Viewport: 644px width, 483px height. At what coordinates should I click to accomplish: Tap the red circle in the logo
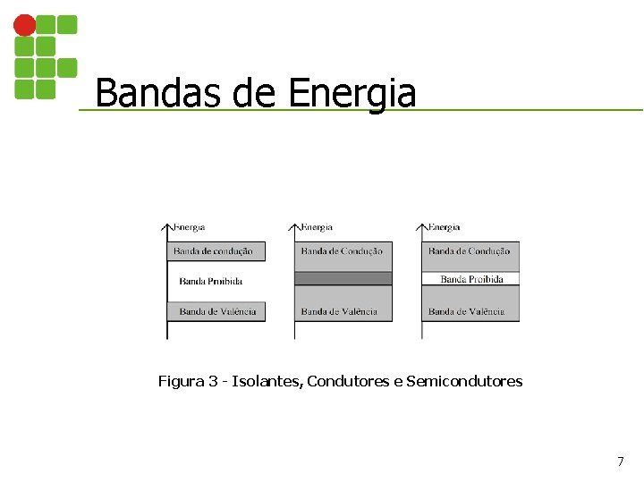click(x=24, y=26)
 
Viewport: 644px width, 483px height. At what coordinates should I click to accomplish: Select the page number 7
click(x=620, y=462)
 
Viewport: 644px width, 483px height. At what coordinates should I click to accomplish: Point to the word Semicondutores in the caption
click(x=464, y=382)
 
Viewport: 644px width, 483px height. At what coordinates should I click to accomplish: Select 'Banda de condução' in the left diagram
click(x=213, y=251)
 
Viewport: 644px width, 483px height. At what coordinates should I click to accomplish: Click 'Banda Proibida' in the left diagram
click(x=211, y=281)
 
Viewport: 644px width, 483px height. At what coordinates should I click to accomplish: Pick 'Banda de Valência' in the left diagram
click(x=217, y=311)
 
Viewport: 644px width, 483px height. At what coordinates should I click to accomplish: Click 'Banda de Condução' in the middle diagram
click(x=342, y=251)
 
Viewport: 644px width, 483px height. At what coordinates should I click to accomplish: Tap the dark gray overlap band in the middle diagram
click(x=343, y=278)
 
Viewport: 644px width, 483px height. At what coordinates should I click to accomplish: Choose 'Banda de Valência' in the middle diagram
click(x=339, y=311)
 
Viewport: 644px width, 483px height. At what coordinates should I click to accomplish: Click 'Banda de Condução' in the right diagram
click(x=469, y=251)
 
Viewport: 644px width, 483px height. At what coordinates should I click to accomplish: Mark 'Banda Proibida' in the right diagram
click(x=471, y=279)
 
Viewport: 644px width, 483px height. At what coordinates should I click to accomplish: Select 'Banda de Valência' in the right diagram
click(x=466, y=311)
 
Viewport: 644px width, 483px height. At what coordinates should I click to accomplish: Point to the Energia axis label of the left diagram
click(x=189, y=227)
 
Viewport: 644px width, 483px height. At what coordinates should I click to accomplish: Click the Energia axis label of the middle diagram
click(x=317, y=227)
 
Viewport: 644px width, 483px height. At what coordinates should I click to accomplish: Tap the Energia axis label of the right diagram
click(x=444, y=227)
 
